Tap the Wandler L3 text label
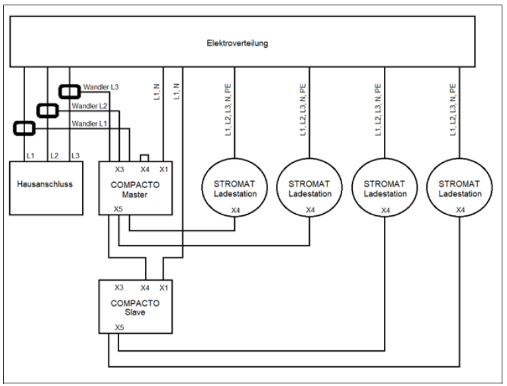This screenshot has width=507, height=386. click(101, 87)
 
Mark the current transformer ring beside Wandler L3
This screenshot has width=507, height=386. click(69, 91)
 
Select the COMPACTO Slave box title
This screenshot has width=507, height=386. click(136, 307)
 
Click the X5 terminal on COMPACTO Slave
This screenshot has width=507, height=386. click(118, 327)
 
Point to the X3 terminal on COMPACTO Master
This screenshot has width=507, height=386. click(119, 168)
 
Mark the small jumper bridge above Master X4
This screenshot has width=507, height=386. click(144, 158)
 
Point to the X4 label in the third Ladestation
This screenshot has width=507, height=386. click(385, 210)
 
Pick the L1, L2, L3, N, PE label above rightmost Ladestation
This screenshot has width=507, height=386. click(453, 110)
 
